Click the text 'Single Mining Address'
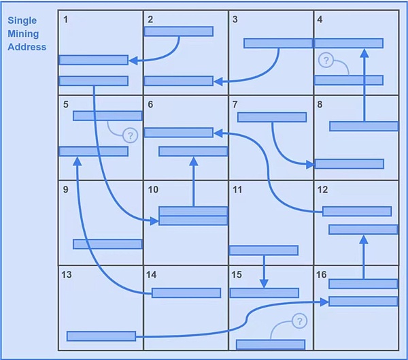pyautogui.click(x=27, y=34)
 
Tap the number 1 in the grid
pyautogui.click(x=66, y=19)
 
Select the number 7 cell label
pyautogui.click(x=235, y=104)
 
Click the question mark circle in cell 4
pyautogui.click(x=326, y=61)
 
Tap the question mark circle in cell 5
pyautogui.click(x=130, y=135)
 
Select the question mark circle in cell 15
pyautogui.click(x=299, y=321)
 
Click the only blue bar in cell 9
pyautogui.click(x=107, y=244)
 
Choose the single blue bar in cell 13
pyautogui.click(x=101, y=336)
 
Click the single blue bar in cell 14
pyautogui.click(x=186, y=293)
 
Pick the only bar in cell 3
pyautogui.click(x=277, y=43)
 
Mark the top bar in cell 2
pyautogui.click(x=179, y=31)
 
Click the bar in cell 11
pyautogui.click(x=263, y=250)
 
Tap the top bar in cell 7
pyautogui.click(x=271, y=116)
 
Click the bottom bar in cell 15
pyautogui.click(x=270, y=344)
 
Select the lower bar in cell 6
pyautogui.click(x=192, y=151)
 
